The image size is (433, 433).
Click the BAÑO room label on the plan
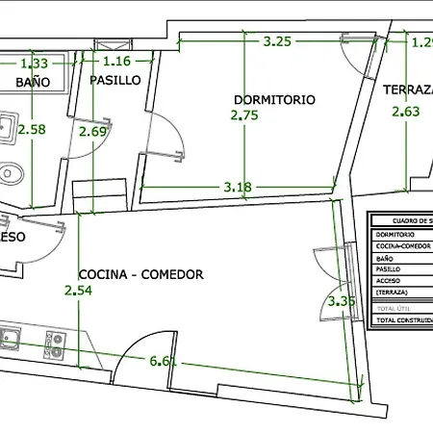click(x=32, y=83)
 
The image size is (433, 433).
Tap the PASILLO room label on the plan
click(x=115, y=80)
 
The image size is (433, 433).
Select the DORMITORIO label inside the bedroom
click(x=274, y=99)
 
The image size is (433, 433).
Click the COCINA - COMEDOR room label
click(x=141, y=274)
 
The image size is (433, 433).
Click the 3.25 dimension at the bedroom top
click(x=278, y=41)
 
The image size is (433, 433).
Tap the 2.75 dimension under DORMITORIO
click(x=244, y=115)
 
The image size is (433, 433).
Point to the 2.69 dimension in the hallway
click(x=93, y=132)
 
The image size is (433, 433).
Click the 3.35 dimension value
click(x=342, y=301)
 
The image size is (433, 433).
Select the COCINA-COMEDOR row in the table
click(x=402, y=246)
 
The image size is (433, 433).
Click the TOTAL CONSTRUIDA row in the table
click(x=402, y=319)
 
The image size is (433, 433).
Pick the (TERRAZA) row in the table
click(x=402, y=292)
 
